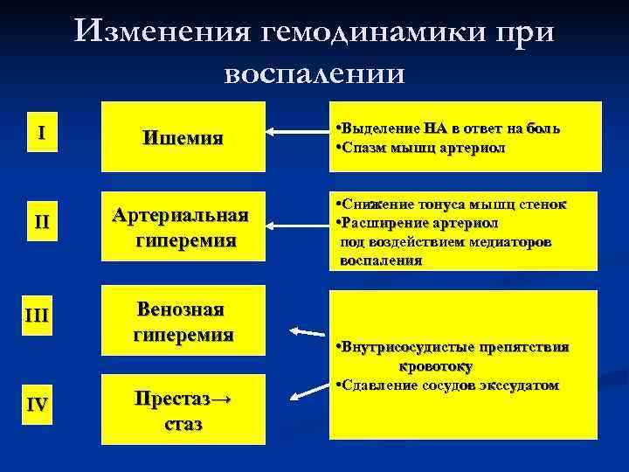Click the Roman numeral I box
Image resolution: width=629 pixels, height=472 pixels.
tap(42, 136)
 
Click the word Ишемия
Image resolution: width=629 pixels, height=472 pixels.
tap(183, 138)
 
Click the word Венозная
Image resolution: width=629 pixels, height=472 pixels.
tap(183, 311)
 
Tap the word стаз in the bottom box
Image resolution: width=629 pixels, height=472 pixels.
tap(183, 425)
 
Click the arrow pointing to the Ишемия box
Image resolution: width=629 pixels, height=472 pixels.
tap(297, 132)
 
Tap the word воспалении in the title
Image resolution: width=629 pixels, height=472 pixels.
tap(314, 73)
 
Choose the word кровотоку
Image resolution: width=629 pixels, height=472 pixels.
tap(436, 366)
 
